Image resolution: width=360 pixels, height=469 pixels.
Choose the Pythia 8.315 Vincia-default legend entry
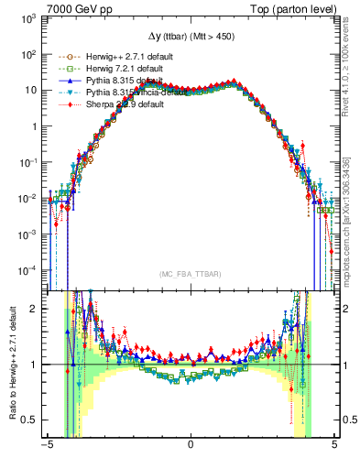tap(124, 93)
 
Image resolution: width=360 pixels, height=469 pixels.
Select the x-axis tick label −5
tap(46, 446)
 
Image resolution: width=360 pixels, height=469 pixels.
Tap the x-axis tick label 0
tap(191, 446)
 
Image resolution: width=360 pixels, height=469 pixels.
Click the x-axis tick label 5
tap(334, 446)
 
